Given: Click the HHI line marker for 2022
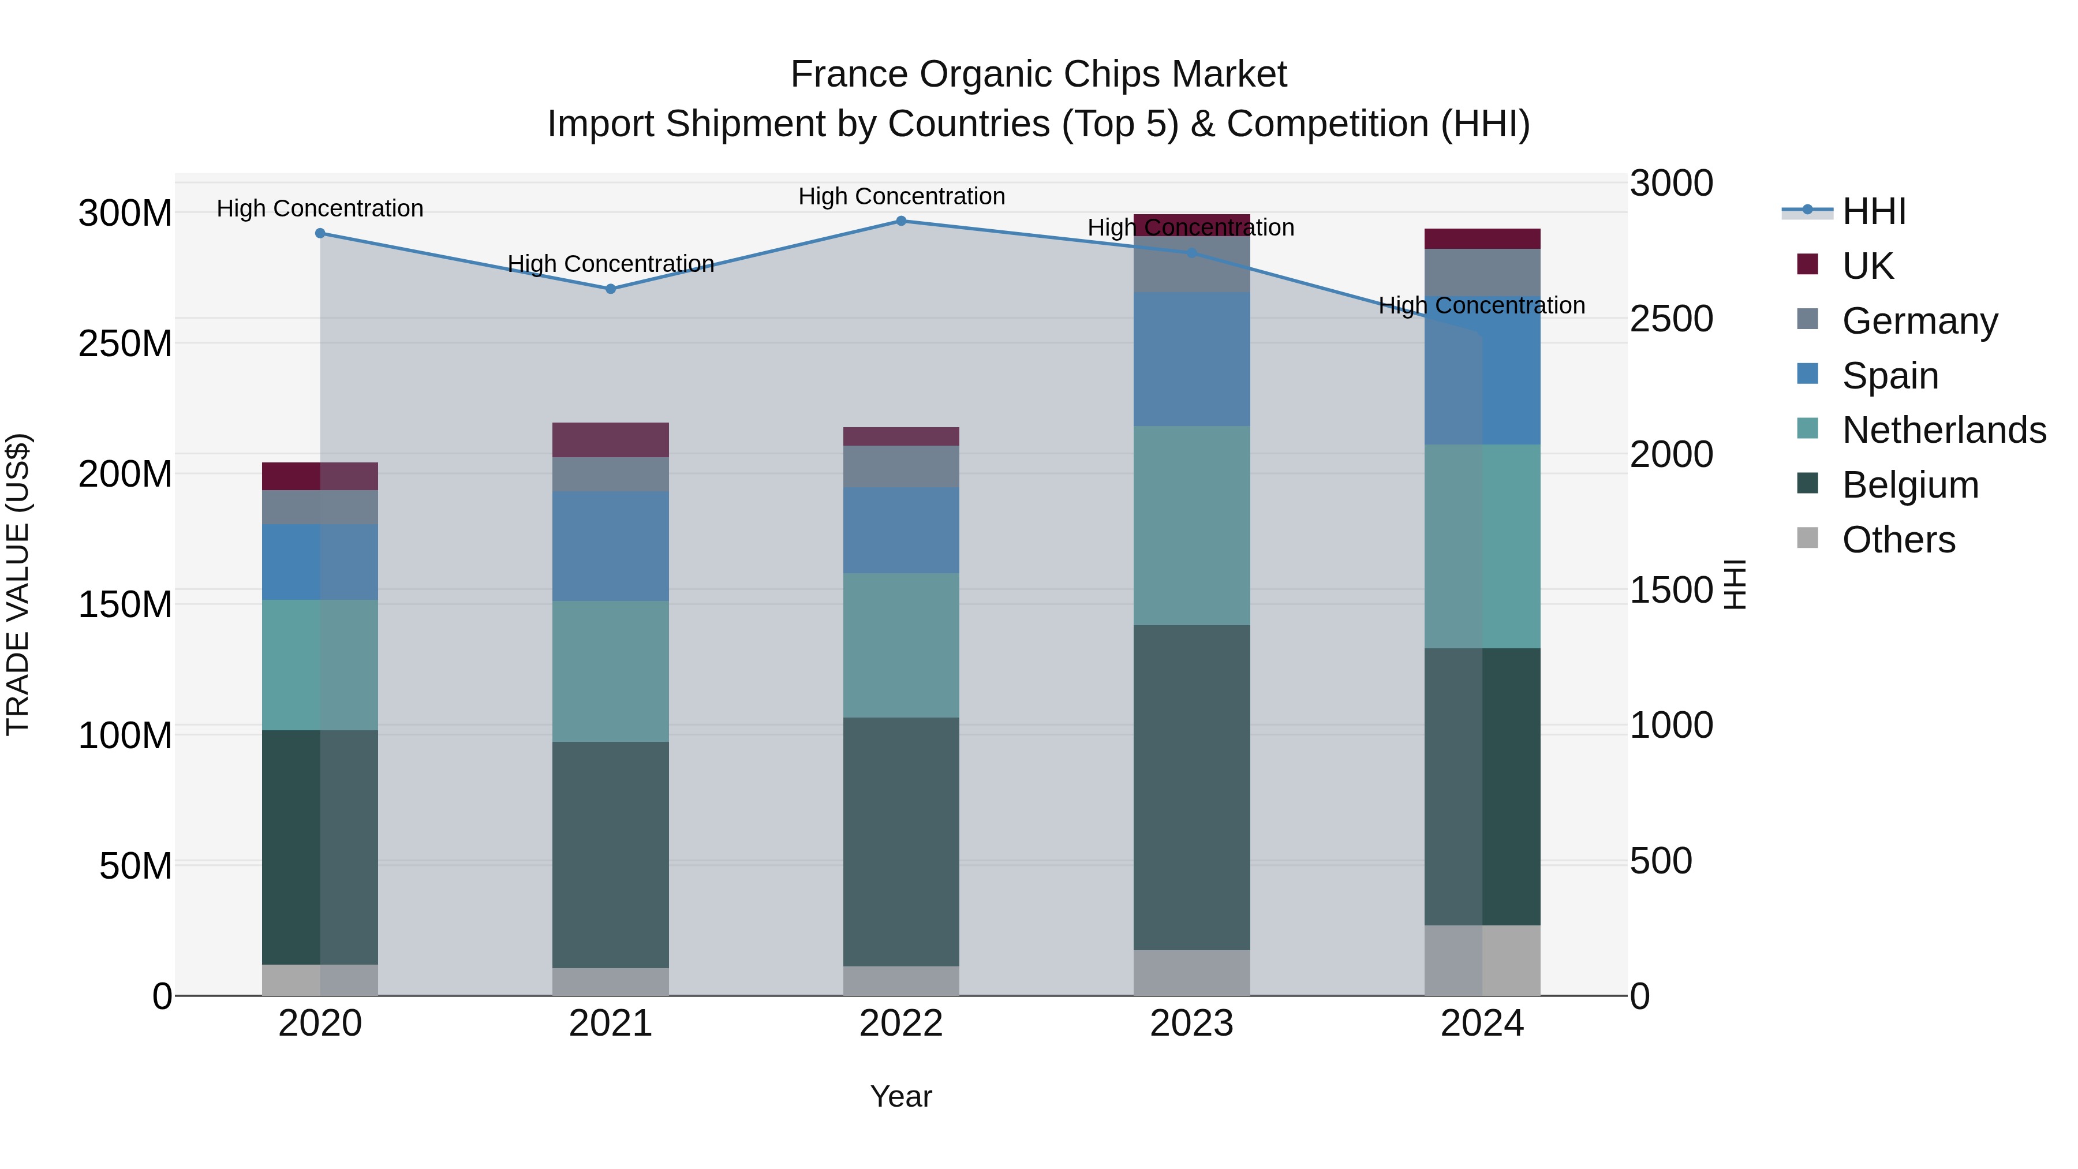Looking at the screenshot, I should (901, 221).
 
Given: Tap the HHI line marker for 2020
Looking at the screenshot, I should (320, 233).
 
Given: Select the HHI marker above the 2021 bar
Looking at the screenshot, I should (611, 289).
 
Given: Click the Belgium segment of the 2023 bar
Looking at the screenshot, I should (1191, 787).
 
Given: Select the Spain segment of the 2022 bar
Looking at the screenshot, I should (901, 530).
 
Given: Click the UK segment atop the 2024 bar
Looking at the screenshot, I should (1482, 239).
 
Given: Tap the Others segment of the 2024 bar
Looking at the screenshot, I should (1482, 960).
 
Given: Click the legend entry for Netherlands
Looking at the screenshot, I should (1944, 430).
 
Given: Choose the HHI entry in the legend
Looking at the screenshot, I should (1874, 211).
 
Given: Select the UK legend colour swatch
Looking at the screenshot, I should (1808, 264).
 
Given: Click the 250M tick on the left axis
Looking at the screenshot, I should (125, 343).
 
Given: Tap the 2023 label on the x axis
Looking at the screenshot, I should (1191, 1024).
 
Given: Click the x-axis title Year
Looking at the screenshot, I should (901, 1096).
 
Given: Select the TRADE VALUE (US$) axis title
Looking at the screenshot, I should (18, 584).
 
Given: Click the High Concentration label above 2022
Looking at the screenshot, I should (901, 196).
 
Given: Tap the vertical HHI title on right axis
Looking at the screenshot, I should (1735, 584).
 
